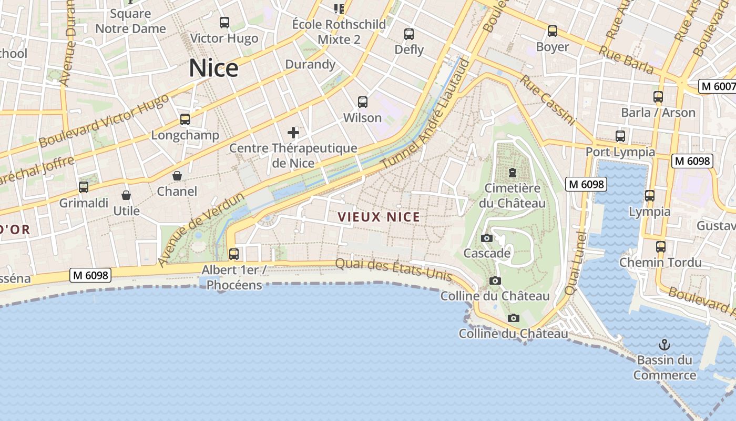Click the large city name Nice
pyautogui.click(x=213, y=68)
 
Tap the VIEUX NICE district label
pyautogui.click(x=379, y=217)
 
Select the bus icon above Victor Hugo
pyautogui.click(x=224, y=23)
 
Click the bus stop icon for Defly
pyautogui.click(x=409, y=34)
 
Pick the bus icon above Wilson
pyautogui.click(x=362, y=102)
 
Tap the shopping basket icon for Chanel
pyautogui.click(x=177, y=175)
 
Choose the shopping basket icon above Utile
pyautogui.click(x=126, y=195)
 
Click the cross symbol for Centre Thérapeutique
pyautogui.click(x=293, y=132)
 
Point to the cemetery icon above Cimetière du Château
pyautogui.click(x=512, y=172)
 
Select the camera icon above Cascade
pyautogui.click(x=487, y=238)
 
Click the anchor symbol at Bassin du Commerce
pyautogui.click(x=665, y=345)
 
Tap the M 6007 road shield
pyautogui.click(x=718, y=86)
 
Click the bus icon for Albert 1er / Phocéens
pyautogui.click(x=234, y=254)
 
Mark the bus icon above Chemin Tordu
pyautogui.click(x=661, y=246)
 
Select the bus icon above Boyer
pyautogui.click(x=553, y=31)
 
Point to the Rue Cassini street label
pyautogui.click(x=548, y=100)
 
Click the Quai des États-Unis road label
pyautogui.click(x=394, y=268)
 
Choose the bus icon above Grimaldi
pyautogui.click(x=84, y=187)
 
